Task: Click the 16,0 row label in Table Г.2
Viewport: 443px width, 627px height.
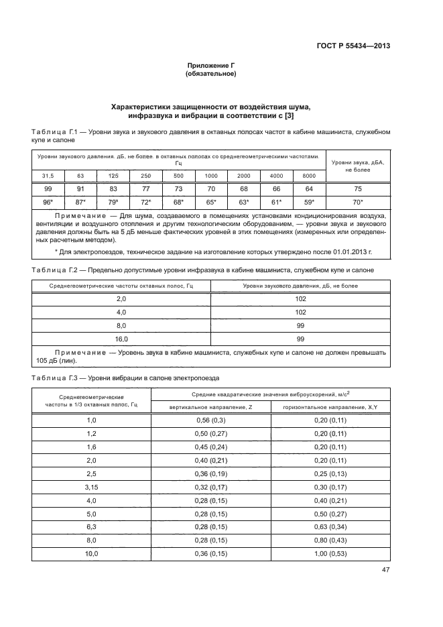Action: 121,339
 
